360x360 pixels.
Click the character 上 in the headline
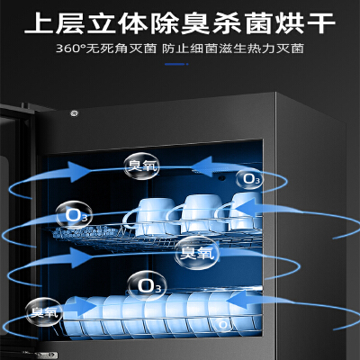click(x=39, y=23)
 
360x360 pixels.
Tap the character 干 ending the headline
click(x=321, y=23)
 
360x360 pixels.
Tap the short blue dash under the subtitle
click(x=176, y=64)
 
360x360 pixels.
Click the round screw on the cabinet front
click(x=74, y=113)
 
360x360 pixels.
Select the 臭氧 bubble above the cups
click(x=141, y=166)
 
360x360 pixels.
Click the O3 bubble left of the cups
click(x=74, y=215)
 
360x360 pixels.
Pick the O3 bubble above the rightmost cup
click(x=249, y=179)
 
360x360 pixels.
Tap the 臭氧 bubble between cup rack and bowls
click(x=197, y=253)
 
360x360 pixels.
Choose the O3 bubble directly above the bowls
click(x=147, y=285)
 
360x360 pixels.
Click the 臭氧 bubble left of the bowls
click(x=44, y=312)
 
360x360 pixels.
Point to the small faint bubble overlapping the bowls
click(x=223, y=324)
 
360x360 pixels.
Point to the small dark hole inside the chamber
click(x=221, y=177)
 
